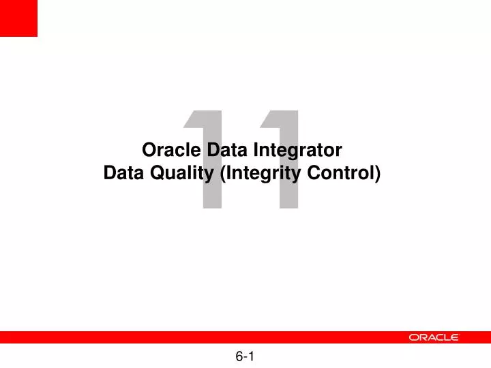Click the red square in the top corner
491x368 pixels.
tap(18, 18)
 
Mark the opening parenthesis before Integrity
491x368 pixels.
tap(225, 174)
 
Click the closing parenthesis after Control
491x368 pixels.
tap(378, 174)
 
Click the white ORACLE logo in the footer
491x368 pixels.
tap(434, 337)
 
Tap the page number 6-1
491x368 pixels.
tap(245, 356)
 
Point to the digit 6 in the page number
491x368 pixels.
tap(239, 356)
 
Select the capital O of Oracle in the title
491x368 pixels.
tap(148, 149)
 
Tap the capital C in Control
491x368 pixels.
tap(312, 173)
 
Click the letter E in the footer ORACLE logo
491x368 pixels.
tap(455, 337)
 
